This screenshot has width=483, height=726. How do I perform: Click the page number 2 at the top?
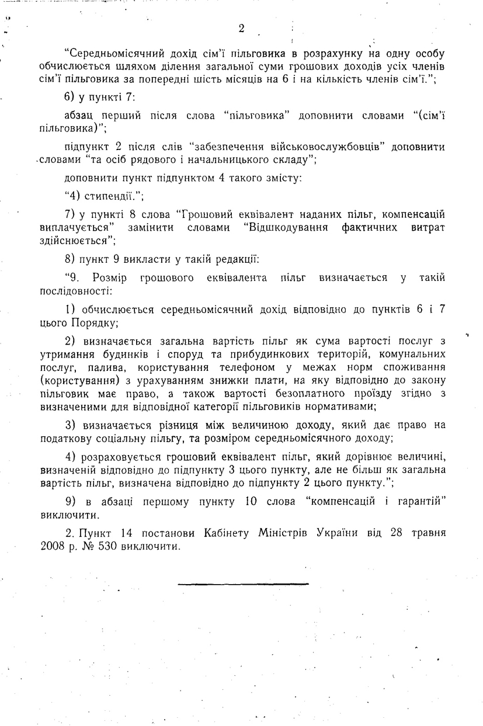tap(241, 29)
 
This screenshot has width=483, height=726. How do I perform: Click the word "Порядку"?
tap(95, 322)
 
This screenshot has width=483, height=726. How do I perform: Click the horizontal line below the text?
tap(243, 583)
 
